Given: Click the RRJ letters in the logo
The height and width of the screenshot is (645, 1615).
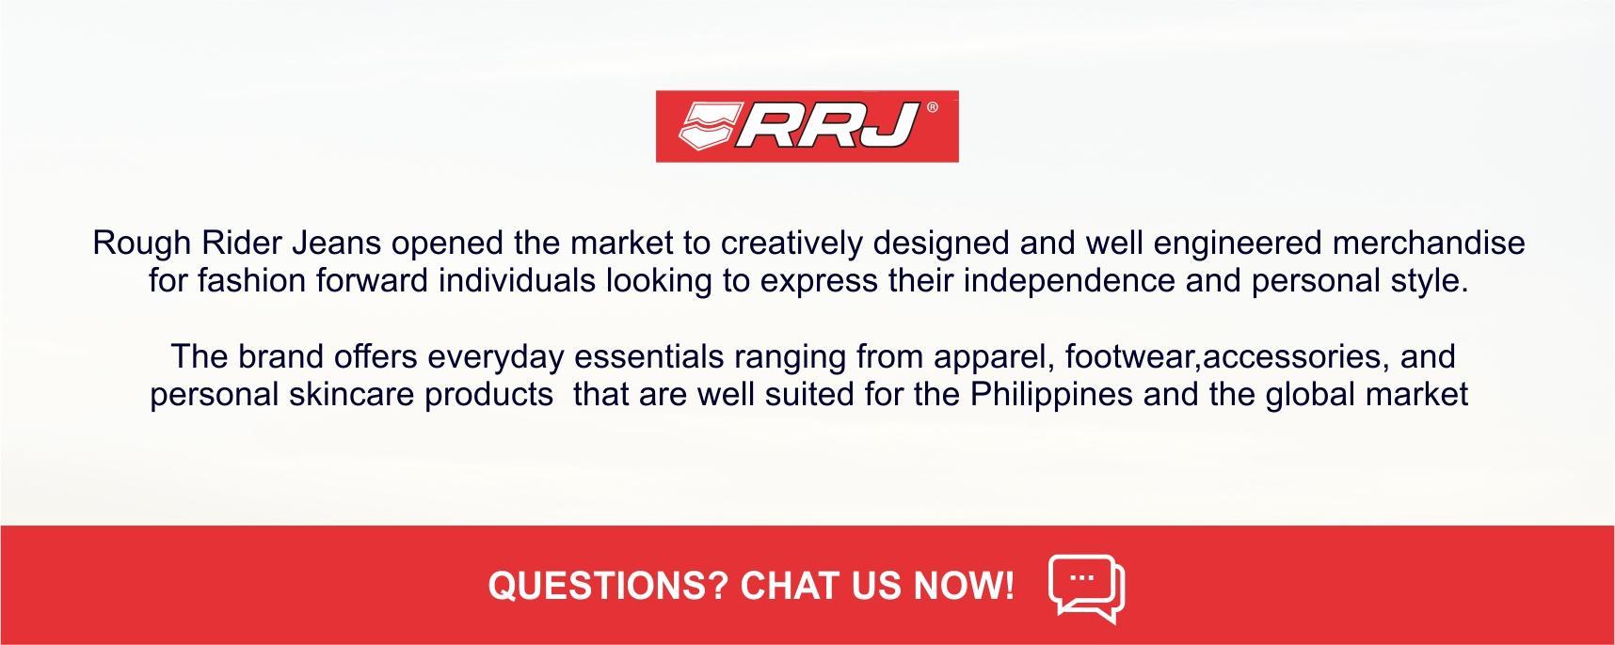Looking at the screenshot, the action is click(x=826, y=126).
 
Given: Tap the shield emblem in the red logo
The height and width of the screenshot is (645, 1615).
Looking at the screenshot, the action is click(x=707, y=126).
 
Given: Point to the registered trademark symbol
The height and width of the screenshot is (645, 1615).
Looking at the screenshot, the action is click(x=932, y=108).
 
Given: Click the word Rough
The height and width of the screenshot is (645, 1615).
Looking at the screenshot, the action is click(x=142, y=244).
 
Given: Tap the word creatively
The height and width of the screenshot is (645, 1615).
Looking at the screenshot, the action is click(x=792, y=244).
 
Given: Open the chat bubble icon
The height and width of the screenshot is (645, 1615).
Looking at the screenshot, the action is click(x=1087, y=588).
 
